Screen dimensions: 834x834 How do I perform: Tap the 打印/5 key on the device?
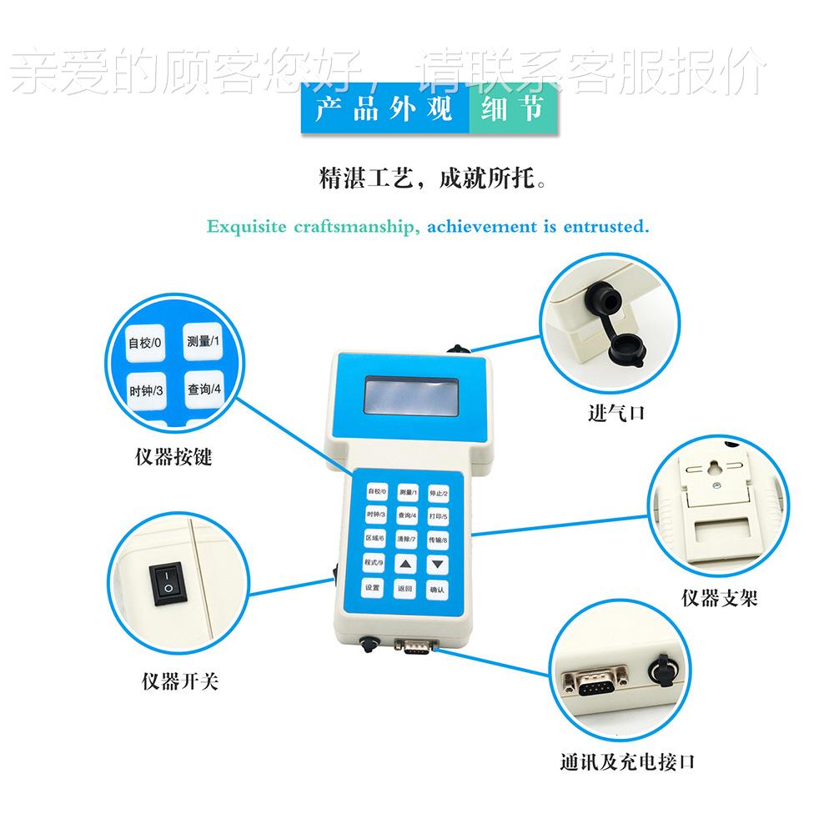click(x=437, y=517)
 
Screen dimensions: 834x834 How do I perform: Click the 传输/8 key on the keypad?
click(x=437, y=540)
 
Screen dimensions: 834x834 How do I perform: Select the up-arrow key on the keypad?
click(x=405, y=565)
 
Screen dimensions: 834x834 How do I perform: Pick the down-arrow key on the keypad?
click(x=437, y=565)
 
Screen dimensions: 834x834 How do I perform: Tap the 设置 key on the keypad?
click(x=373, y=588)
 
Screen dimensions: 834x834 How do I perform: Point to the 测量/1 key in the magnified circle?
click(x=203, y=341)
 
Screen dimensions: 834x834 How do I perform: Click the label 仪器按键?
click(x=173, y=458)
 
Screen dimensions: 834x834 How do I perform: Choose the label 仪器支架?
click(x=719, y=599)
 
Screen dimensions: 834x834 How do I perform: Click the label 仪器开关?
click(x=179, y=683)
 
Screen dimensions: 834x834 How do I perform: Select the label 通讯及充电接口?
click(x=627, y=762)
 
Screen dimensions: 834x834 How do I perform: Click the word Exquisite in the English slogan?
click(x=246, y=227)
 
